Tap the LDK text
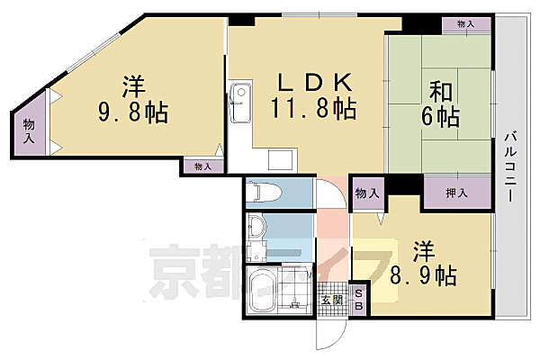click(312, 83)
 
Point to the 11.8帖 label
click(312, 110)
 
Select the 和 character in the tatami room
click(439, 91)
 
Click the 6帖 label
click(439, 117)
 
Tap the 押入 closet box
click(457, 193)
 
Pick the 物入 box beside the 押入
click(366, 193)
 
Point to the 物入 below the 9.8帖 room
click(202, 166)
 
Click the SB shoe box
click(357, 300)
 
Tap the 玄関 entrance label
click(330, 301)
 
